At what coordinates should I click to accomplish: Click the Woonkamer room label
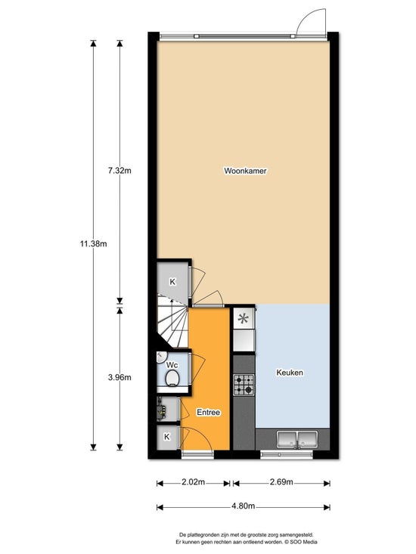[245, 171]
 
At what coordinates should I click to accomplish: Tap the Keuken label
[290, 373]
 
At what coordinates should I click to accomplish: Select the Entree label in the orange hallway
[208, 413]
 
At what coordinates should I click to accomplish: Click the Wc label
[172, 364]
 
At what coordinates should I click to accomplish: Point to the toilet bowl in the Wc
[172, 378]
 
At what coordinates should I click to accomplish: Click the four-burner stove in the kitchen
[244, 385]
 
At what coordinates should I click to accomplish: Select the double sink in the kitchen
[297, 439]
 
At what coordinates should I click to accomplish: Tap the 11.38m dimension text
[93, 243]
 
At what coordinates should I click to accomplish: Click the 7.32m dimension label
[120, 171]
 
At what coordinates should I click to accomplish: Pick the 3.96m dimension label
[120, 377]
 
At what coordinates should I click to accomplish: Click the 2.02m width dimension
[193, 482]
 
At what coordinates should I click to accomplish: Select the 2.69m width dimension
[281, 482]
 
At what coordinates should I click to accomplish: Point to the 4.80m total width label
[243, 506]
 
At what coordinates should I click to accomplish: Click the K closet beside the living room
[172, 282]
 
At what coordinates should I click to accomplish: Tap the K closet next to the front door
[167, 437]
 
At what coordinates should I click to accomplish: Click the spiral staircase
[172, 322]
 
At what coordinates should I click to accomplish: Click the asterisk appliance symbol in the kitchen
[243, 319]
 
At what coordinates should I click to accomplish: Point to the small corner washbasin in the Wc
[160, 357]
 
